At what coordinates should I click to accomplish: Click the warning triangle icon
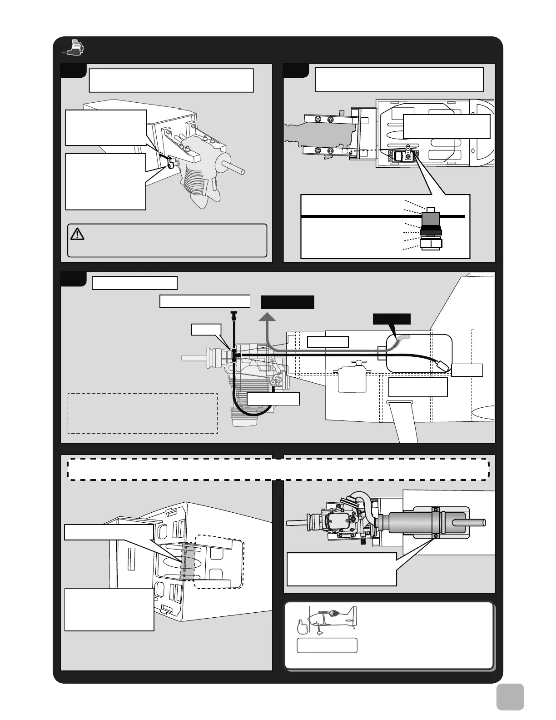pos(78,234)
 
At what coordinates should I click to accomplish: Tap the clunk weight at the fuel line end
pos(442,365)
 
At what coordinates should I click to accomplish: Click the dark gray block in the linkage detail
pos(430,220)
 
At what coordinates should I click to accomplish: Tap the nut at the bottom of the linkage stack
pos(431,245)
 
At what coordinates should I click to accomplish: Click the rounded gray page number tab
pos(510,697)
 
